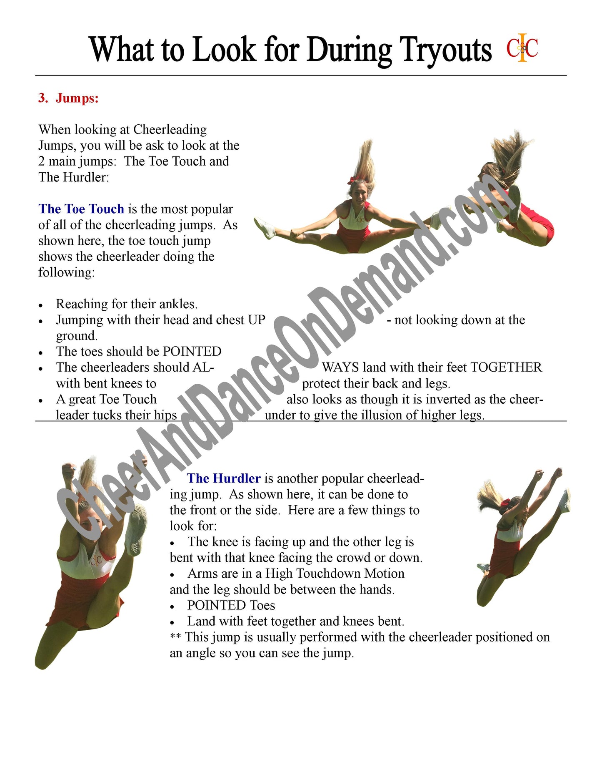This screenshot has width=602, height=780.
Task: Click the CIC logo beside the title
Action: pos(522,48)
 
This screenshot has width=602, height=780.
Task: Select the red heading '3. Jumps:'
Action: pos(68,98)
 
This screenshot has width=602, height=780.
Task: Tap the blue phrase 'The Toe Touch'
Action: pos(81,209)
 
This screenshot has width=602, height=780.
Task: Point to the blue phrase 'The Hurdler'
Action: pos(224,478)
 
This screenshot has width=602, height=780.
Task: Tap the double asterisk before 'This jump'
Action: pos(175,637)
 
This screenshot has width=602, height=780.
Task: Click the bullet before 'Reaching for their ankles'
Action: pos(41,305)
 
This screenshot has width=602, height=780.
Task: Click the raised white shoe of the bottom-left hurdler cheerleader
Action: pos(136,530)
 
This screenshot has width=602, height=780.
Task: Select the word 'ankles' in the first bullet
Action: pos(179,304)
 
